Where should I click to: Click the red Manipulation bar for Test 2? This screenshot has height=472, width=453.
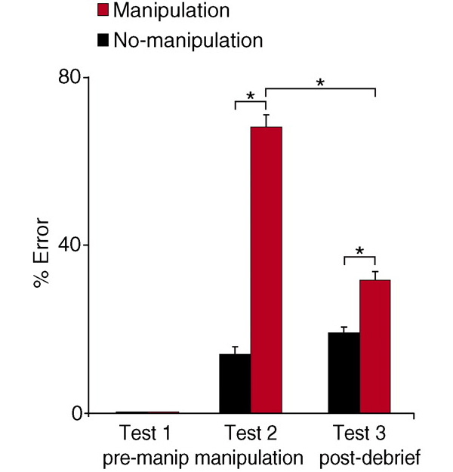[x=267, y=270]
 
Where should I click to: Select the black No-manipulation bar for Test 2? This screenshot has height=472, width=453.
[x=235, y=384]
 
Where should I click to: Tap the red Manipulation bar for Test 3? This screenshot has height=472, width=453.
[x=375, y=346]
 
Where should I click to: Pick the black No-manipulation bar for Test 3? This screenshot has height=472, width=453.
[x=344, y=372]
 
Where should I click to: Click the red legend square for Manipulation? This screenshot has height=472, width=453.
[x=103, y=11]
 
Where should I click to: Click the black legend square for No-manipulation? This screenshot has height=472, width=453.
[x=103, y=40]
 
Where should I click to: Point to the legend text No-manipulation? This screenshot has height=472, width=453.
[x=189, y=40]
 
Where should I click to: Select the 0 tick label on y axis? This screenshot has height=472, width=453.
[x=77, y=414]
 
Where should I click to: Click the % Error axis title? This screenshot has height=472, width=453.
[x=42, y=254]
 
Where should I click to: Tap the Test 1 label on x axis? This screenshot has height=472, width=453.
[x=145, y=433]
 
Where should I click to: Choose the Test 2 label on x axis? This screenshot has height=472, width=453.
[x=251, y=433]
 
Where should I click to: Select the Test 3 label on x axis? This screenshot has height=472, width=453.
[x=359, y=433]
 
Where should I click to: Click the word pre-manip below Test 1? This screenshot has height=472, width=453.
[x=146, y=458]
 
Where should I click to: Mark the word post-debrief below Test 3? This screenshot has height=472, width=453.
[x=370, y=458]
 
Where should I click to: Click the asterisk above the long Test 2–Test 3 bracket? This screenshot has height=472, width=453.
[x=320, y=82]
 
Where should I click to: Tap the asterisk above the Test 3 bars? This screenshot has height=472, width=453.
[x=359, y=251]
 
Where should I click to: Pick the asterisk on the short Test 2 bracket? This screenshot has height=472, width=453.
[x=251, y=96]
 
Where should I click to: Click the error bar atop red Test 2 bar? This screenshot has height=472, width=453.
[x=267, y=121]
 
